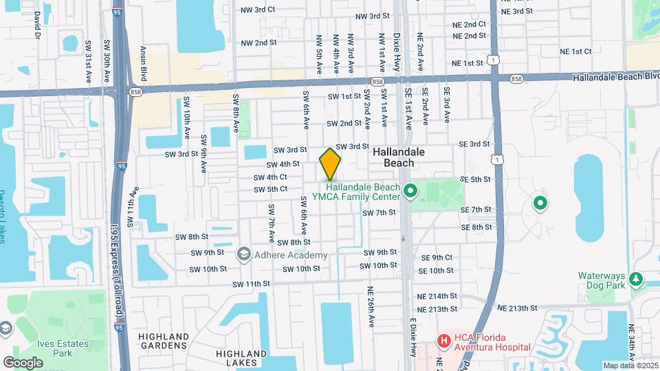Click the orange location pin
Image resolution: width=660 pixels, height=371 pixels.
point(330,164)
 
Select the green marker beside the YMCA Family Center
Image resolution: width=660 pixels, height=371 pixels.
point(410,190)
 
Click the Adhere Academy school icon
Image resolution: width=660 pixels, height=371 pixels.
point(243,255)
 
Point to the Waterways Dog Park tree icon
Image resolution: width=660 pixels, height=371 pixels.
point(637,278)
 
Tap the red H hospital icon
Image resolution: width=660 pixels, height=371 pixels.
point(444,340)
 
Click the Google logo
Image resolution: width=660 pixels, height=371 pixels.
point(23,362)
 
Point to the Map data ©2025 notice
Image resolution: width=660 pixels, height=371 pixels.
point(630,366)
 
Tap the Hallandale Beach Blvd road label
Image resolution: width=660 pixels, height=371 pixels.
point(616,77)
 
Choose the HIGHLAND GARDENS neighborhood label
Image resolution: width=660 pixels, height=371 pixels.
point(163,341)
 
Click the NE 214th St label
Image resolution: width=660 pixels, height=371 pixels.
point(437,295)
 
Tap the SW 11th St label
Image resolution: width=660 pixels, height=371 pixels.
point(251,284)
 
